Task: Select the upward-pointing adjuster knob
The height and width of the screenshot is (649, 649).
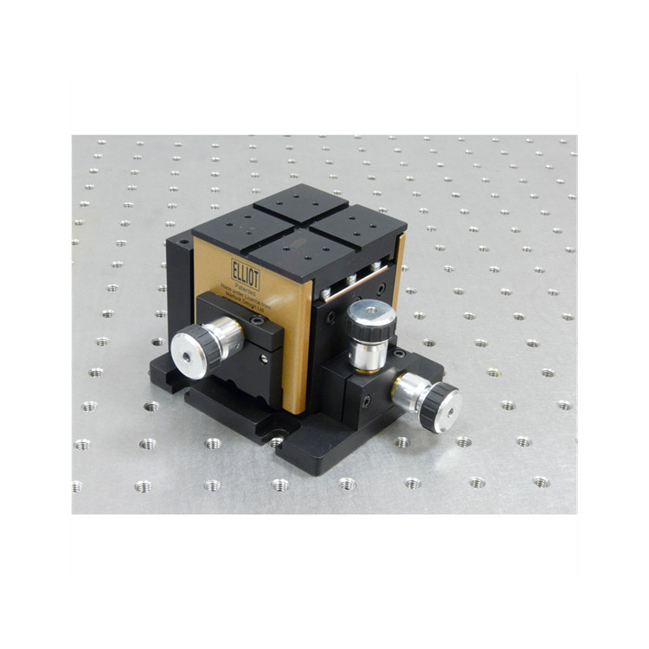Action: pos(371,324)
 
